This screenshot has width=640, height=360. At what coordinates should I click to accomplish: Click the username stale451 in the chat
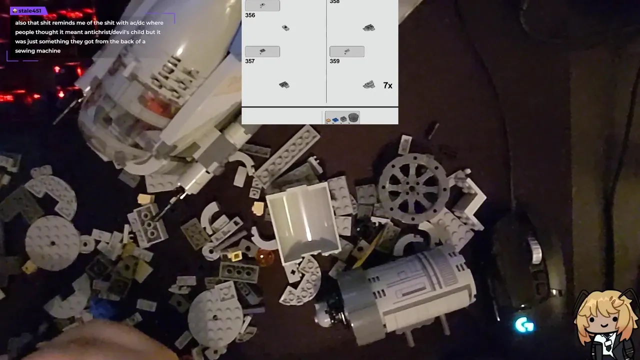pyautogui.click(x=29, y=11)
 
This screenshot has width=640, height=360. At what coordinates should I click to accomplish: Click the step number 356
pyautogui.click(x=250, y=15)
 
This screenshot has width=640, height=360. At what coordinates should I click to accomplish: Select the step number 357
pyautogui.click(x=249, y=61)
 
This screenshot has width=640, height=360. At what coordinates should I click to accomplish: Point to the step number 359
pyautogui.click(x=334, y=61)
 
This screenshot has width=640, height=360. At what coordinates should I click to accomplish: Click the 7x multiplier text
pyautogui.click(x=387, y=85)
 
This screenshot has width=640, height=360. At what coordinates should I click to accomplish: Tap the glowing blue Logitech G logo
pyautogui.click(x=524, y=325)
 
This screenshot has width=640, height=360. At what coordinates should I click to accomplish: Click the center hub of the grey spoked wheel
pyautogui.click(x=411, y=188)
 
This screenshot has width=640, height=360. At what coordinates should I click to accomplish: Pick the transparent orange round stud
pyautogui.click(x=265, y=257)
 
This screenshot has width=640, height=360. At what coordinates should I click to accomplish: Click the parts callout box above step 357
pyautogui.click(x=262, y=51)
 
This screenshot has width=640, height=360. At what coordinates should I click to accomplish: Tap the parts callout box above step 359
pyautogui.click(x=347, y=51)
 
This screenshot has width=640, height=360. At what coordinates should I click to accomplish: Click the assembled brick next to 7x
pyautogui.click(x=369, y=84)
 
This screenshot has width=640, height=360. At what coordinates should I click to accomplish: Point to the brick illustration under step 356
pyautogui.click(x=285, y=27)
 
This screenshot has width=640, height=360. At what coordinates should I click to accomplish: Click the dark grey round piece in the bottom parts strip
pyautogui.click(x=353, y=117)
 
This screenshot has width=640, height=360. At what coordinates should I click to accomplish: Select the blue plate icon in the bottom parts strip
pyautogui.click(x=335, y=119)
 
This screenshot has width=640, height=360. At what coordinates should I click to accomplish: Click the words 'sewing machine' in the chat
pyautogui.click(x=37, y=51)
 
